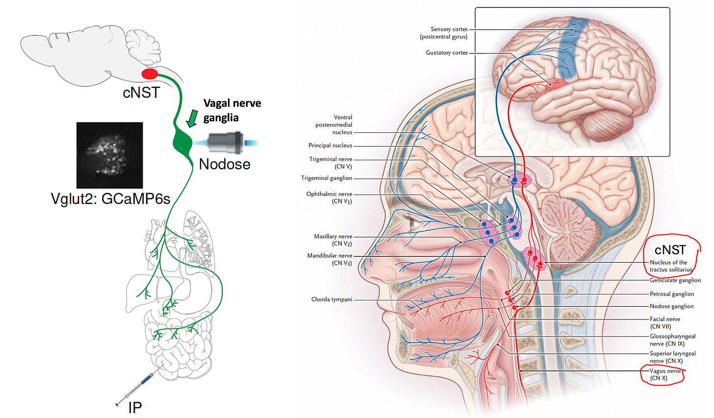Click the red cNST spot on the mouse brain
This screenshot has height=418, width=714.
tap(150, 74)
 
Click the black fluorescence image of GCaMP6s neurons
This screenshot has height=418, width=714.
tap(110, 155)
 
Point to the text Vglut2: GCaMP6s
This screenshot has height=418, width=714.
tap(110, 198)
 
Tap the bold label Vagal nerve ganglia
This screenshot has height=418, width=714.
tap(232, 110)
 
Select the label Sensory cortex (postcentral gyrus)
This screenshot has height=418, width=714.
tap(443, 33)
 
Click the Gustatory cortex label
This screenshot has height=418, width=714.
tap(447, 53)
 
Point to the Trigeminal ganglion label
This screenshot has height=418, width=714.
tap(327, 178)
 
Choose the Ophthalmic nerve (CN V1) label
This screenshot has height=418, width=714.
tap(329, 197)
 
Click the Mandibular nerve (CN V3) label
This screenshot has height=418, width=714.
tap(330, 259)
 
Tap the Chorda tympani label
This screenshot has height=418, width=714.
tap(331, 299)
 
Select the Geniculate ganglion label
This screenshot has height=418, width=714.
tap(675, 280)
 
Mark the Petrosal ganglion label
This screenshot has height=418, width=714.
tap(672, 294)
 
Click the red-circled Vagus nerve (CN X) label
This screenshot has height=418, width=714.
tap(665, 374)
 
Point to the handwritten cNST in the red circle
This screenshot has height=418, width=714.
tap(670, 250)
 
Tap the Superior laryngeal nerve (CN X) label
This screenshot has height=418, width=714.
tap(672, 357)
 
